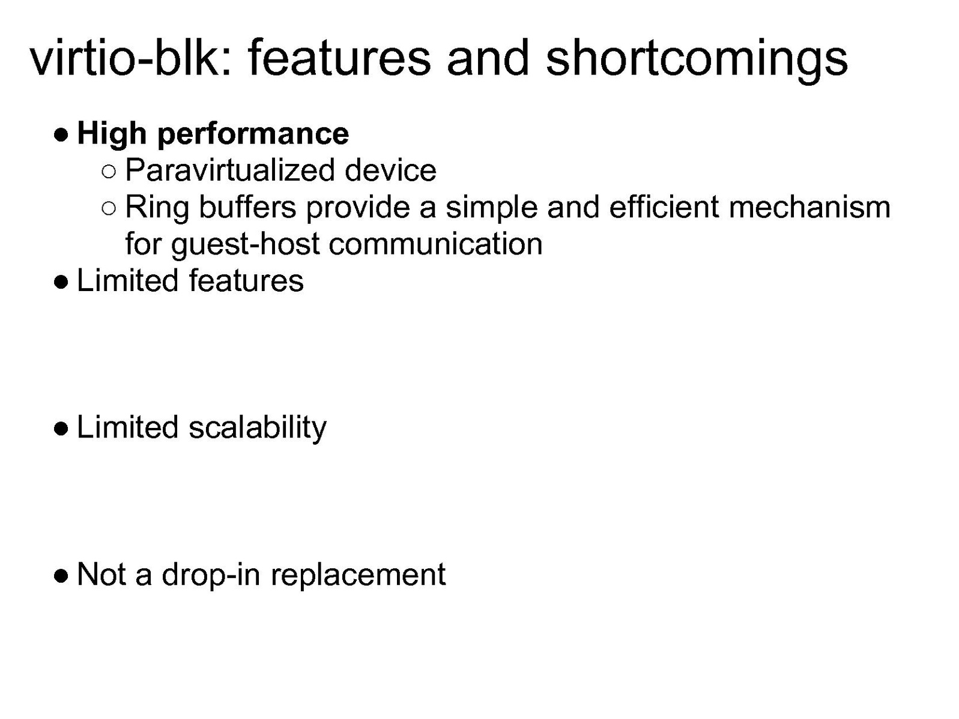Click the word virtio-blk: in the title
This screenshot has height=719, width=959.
[130, 58]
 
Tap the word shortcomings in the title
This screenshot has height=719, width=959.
[697, 60]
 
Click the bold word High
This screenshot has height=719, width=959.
[112, 134]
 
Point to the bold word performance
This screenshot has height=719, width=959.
[253, 135]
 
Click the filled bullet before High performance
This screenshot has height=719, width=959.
[61, 135]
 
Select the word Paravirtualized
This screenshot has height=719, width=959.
[230, 170]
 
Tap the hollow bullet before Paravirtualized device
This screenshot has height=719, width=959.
[109, 172]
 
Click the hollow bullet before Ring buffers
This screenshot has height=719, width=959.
[109, 208]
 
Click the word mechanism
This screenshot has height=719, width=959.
[809, 207]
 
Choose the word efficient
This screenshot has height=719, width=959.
[664, 207]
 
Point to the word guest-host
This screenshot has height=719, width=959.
[245, 245]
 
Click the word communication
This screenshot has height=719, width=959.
[435, 244]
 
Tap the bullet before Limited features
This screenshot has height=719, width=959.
[61, 282]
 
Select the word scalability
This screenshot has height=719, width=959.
[258, 429]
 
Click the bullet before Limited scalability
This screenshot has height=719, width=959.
[61, 429]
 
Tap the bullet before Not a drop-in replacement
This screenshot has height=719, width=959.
[61, 576]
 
